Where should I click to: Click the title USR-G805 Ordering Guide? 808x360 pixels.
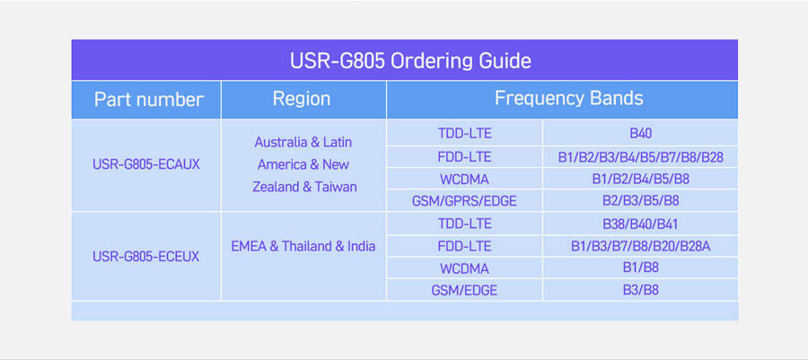click(410, 61)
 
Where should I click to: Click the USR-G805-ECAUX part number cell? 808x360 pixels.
click(146, 165)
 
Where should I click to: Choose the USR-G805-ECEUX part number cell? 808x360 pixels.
click(145, 257)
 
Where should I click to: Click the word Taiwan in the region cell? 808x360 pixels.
click(336, 187)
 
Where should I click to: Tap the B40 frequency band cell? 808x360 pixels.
click(640, 134)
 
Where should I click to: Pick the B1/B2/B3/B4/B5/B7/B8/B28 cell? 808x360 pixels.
click(640, 157)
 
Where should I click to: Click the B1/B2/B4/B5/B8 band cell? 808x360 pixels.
click(640, 180)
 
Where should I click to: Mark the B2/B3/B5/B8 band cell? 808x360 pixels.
click(640, 201)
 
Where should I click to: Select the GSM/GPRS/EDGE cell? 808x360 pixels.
click(464, 201)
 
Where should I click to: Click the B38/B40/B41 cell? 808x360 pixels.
click(640, 224)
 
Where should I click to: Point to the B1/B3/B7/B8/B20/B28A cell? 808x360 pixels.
click(640, 246)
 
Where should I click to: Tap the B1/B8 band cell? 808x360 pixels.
click(640, 268)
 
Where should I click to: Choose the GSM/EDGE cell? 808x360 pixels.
click(464, 291)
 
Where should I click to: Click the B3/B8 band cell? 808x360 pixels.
click(640, 290)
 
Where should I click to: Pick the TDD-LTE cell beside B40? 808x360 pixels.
click(464, 134)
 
